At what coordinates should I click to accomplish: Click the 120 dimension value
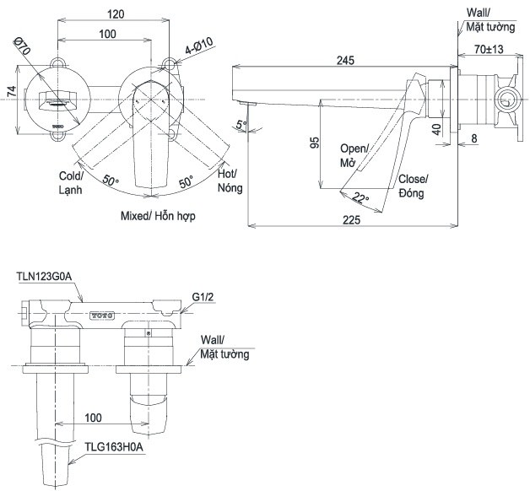[116, 14]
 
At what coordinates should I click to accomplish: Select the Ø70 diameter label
[22, 46]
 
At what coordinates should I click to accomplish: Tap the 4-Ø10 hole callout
[199, 46]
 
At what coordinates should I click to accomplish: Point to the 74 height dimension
[12, 91]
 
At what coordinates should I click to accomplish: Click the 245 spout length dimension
[345, 61]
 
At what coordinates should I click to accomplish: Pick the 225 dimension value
[352, 220]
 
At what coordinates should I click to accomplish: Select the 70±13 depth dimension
[489, 49]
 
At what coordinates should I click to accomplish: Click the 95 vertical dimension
[314, 143]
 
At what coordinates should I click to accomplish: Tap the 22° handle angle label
[360, 197]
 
